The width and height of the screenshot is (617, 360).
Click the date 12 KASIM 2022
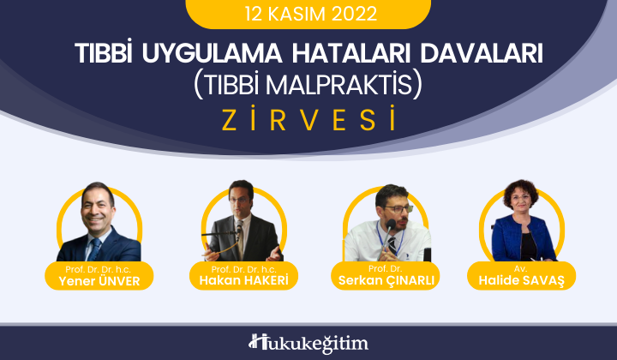click(311, 14)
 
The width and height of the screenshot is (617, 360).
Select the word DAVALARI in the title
click(482, 53)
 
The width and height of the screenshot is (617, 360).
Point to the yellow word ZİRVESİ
click(308, 119)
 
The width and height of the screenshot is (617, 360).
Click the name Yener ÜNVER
click(99, 281)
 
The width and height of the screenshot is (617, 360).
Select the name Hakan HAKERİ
click(243, 280)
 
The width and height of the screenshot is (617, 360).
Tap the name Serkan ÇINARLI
click(386, 280)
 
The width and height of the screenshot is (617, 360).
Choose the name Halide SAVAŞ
click(521, 280)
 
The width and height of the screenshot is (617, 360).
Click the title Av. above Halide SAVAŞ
click(521, 269)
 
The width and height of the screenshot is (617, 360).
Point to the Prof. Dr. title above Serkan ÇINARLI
click(386, 269)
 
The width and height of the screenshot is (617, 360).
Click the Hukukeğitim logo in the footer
click(308, 344)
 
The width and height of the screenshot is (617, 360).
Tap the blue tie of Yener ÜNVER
click(94, 249)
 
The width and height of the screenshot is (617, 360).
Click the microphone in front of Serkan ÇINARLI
click(387, 236)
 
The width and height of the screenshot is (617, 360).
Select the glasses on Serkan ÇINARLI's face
click(398, 209)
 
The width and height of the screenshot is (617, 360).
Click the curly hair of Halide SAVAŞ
click(521, 190)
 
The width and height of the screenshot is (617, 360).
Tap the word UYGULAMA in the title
click(213, 53)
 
